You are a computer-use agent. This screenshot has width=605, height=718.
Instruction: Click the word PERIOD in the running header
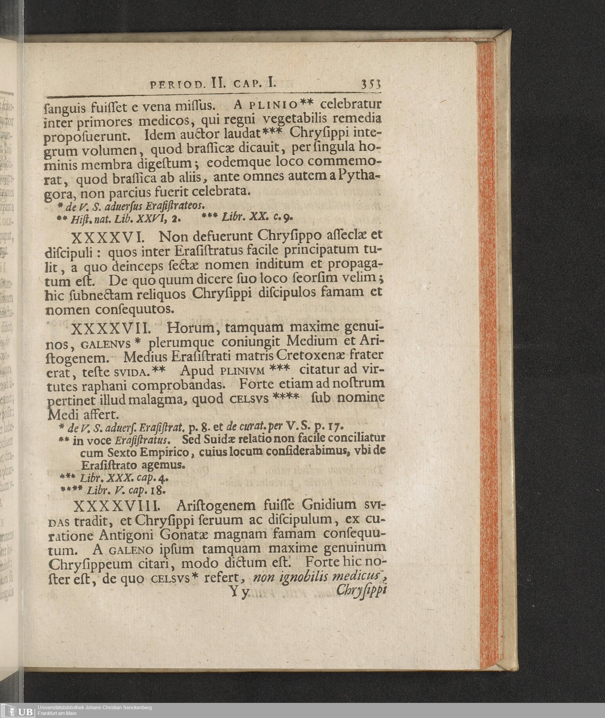[x=172, y=84]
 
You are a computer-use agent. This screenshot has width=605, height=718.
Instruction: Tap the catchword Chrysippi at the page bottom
[x=361, y=590]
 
